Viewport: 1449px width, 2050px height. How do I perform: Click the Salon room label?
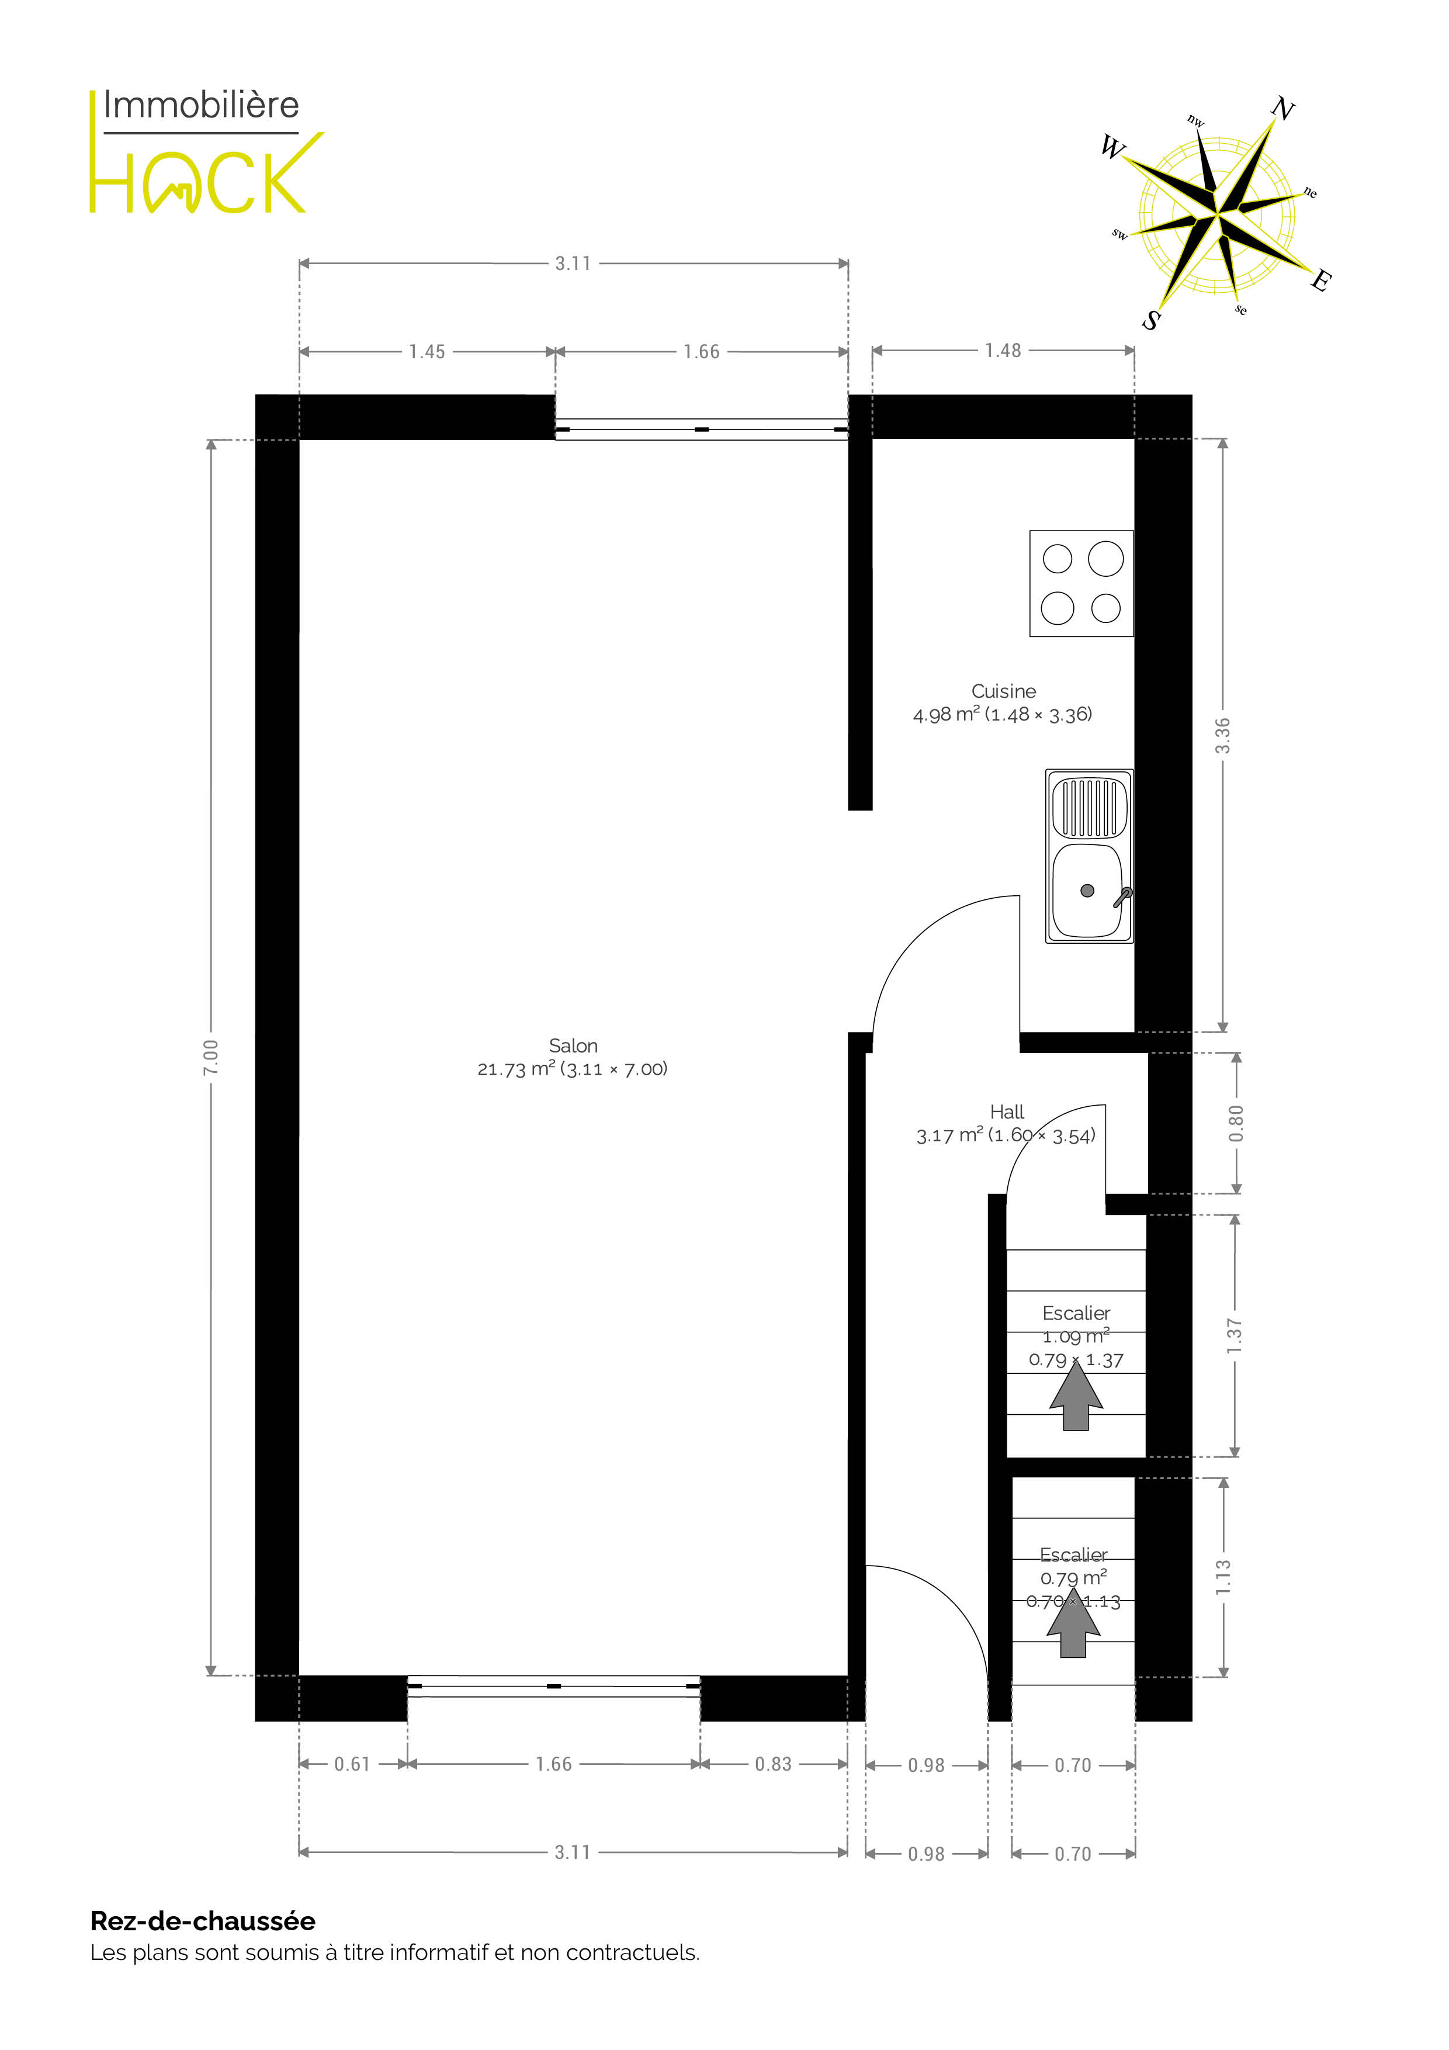coord(573,1045)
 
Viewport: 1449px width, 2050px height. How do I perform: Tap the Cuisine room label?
coord(1004,691)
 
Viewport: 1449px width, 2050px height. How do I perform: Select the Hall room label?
coord(1007,1111)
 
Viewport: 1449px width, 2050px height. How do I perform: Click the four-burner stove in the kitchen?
coord(1081,583)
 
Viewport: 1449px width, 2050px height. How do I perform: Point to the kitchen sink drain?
coord(1087,890)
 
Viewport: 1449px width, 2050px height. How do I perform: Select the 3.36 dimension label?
coord(1223,735)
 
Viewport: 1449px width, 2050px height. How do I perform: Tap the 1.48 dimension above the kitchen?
coord(1003,351)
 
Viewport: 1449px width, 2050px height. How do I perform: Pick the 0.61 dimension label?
coord(352,1764)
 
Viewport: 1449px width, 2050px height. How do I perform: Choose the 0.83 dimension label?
coord(773,1764)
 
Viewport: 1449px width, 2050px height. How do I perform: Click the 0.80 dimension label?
coord(1236,1123)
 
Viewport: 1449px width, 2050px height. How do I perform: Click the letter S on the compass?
coord(1152,318)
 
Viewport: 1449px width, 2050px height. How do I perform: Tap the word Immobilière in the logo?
coord(201,105)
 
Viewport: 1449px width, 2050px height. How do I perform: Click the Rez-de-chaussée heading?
coord(203,1920)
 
